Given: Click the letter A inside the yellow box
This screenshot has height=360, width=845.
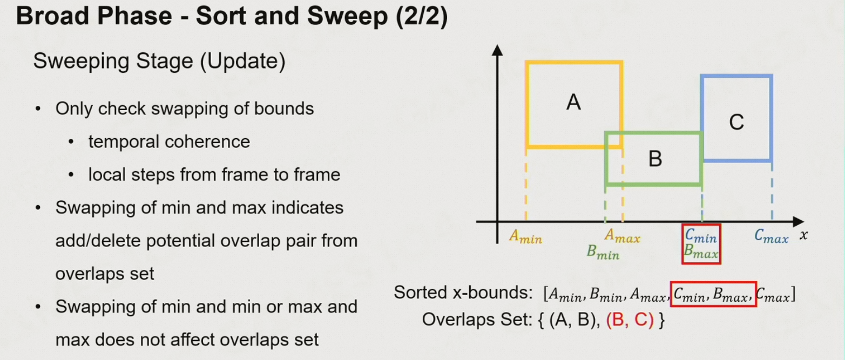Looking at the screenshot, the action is click(573, 101).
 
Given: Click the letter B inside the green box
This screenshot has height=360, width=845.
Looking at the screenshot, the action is click(655, 159).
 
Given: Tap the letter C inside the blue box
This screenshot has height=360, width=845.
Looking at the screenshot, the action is click(736, 123).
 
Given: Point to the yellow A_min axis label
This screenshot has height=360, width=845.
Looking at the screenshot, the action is click(525, 237).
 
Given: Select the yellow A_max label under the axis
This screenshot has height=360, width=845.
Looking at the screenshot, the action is click(622, 236).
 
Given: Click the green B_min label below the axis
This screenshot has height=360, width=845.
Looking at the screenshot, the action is click(603, 253).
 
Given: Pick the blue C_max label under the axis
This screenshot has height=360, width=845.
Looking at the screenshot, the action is click(771, 236).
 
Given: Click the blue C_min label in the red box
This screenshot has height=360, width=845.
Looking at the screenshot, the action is click(700, 235).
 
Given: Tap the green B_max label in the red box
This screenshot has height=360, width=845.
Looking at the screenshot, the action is click(701, 250).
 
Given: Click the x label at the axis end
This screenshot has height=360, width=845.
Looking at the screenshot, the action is click(804, 236).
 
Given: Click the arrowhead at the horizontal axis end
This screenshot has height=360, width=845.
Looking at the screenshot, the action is click(798, 221).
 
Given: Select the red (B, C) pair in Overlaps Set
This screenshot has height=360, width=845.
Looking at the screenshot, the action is click(630, 320).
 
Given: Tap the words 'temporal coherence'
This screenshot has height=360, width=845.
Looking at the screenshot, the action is click(169, 142).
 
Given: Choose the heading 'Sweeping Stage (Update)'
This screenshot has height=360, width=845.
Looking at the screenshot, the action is click(159, 62).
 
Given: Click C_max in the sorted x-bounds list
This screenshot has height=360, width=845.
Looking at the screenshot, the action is click(773, 295).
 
